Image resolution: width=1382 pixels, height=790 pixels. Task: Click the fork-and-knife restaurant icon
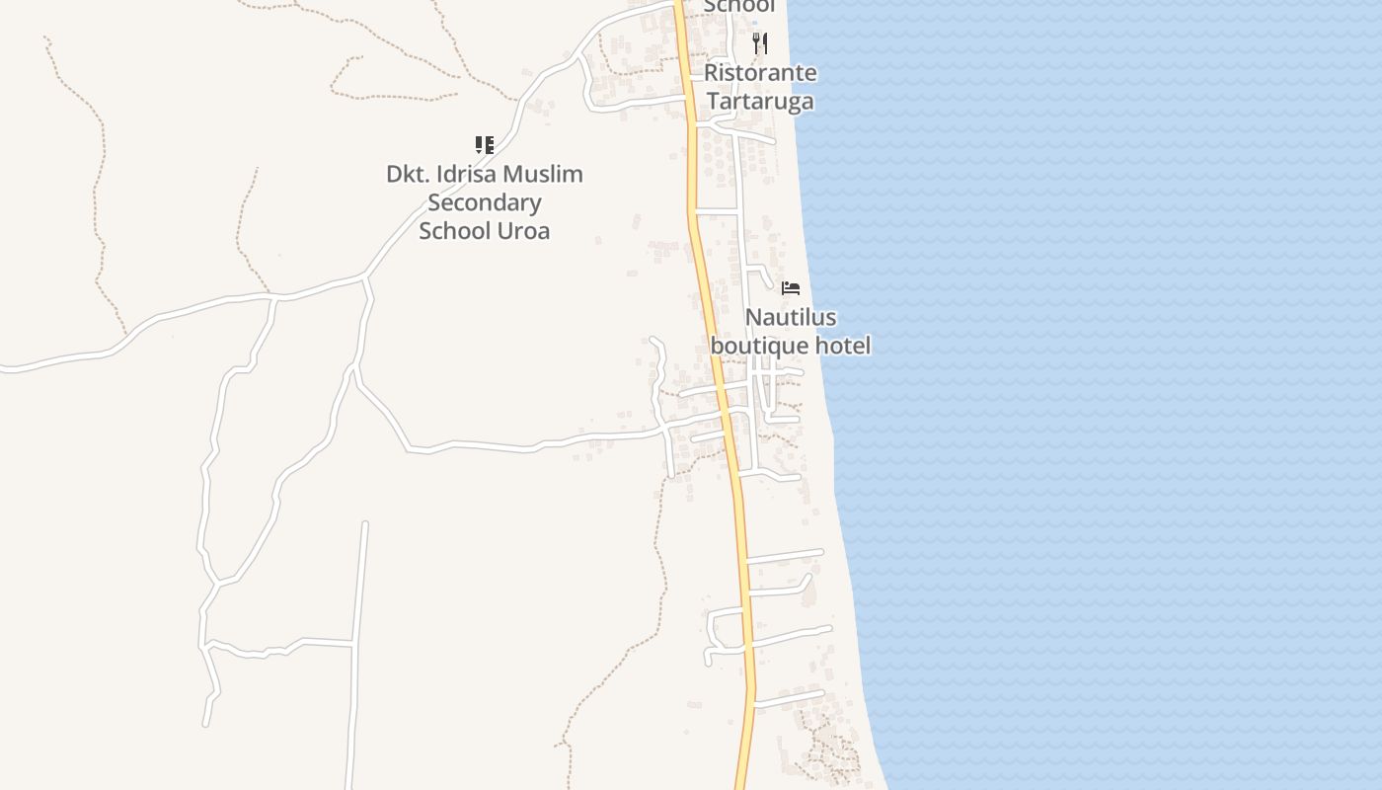click(759, 42)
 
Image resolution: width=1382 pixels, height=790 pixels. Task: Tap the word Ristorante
click(760, 73)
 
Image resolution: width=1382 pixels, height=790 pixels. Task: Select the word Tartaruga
click(760, 102)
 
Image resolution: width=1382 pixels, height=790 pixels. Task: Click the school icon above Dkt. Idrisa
click(484, 145)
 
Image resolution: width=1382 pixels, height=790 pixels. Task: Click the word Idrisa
click(464, 175)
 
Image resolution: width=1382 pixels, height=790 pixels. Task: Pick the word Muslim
click(543, 175)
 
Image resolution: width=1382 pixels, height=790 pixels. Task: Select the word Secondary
click(484, 203)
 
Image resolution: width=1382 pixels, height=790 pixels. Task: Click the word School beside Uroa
click(455, 231)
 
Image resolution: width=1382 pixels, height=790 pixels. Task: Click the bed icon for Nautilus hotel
click(790, 288)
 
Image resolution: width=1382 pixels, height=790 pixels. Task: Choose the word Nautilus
click(790, 318)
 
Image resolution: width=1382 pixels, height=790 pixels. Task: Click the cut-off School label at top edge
click(738, 6)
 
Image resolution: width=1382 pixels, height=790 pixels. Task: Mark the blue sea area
click(1086, 395)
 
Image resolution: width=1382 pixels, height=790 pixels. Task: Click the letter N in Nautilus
click(753, 318)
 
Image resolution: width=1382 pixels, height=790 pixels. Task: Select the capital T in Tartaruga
click(713, 102)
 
